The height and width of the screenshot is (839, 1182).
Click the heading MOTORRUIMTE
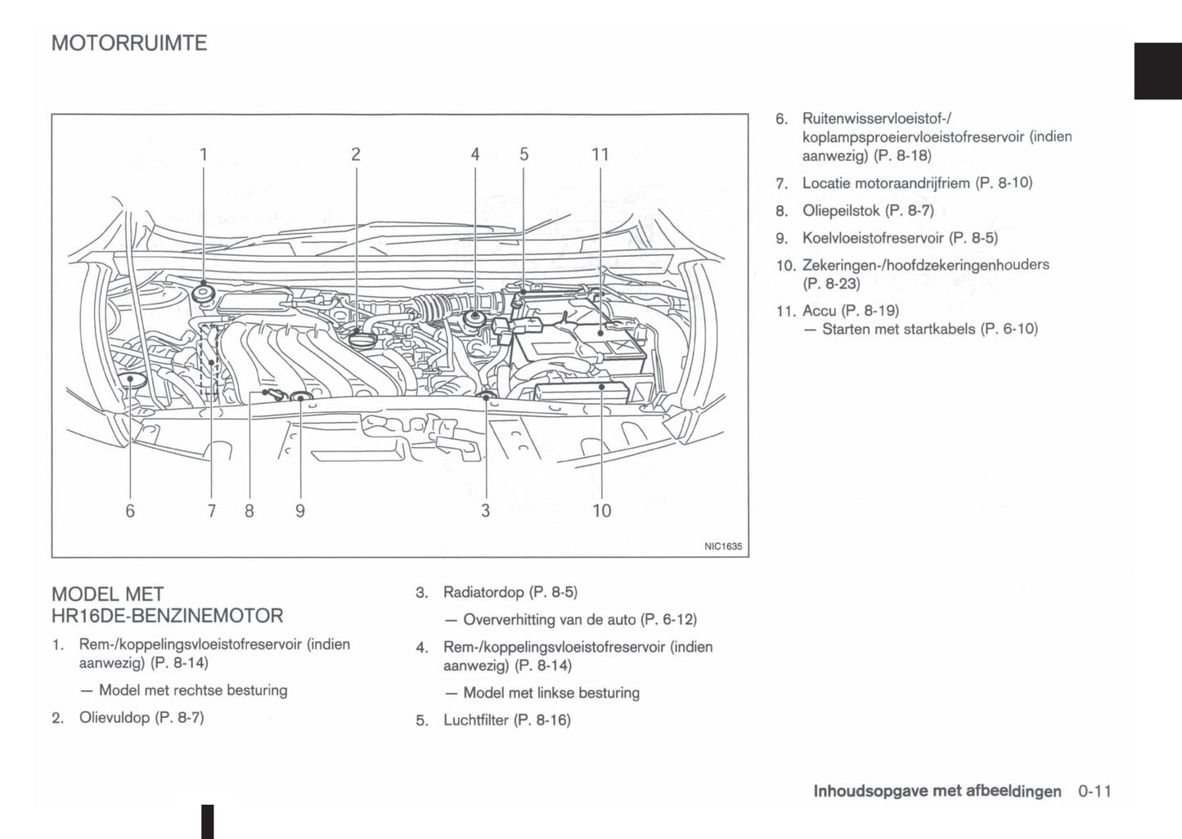(x=129, y=43)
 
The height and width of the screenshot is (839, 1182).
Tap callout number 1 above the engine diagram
(x=203, y=155)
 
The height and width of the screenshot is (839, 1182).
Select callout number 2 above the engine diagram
(x=356, y=155)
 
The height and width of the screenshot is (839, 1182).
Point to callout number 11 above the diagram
(x=600, y=155)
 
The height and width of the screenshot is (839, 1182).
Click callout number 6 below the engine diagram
(x=130, y=511)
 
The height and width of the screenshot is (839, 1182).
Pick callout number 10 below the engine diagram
(x=601, y=511)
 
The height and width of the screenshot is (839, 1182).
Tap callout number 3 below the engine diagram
(x=486, y=511)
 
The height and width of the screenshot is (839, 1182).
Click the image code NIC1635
(x=723, y=546)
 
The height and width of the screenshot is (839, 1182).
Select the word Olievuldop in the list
(x=114, y=718)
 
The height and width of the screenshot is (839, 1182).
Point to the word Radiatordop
(x=483, y=592)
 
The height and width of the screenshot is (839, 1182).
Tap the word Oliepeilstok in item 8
(x=841, y=211)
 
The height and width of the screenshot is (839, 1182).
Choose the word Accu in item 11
(x=819, y=311)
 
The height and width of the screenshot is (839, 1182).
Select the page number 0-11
(x=1094, y=791)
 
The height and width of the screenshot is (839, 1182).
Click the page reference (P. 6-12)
(x=669, y=620)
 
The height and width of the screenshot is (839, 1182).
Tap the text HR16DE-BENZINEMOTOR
(x=167, y=616)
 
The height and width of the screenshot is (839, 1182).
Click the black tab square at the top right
(x=1157, y=70)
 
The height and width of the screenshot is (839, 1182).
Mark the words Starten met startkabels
(x=898, y=330)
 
